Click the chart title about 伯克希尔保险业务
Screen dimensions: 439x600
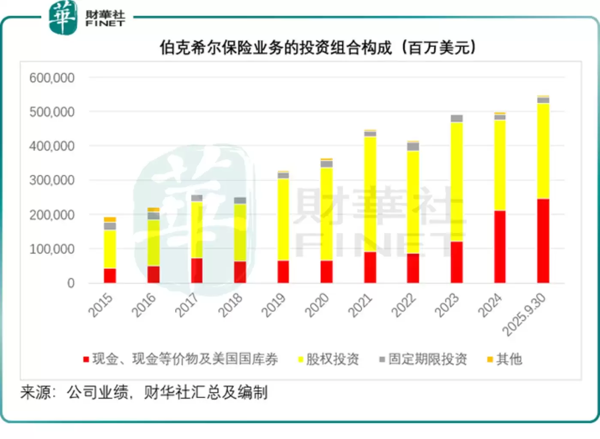[318, 47]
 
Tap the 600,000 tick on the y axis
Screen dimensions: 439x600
[52, 78]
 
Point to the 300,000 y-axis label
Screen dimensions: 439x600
[52, 180]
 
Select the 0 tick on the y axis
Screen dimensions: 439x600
[71, 283]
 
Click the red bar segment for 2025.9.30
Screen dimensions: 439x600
[543, 241]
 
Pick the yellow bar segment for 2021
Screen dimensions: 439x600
[370, 194]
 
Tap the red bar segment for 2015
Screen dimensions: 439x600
[110, 275]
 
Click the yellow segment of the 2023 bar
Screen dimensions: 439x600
[456, 182]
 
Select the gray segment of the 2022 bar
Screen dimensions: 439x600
[413, 146]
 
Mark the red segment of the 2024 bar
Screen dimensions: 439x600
[500, 247]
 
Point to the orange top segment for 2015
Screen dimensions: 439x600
[110, 220]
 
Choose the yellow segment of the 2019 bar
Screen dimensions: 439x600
[283, 219]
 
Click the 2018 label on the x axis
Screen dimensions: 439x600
[230, 305]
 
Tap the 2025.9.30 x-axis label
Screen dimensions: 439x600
[524, 315]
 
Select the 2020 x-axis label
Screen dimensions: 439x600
[317, 305]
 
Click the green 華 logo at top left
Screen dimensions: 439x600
[63, 18]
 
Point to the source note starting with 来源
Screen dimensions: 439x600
[144, 392]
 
